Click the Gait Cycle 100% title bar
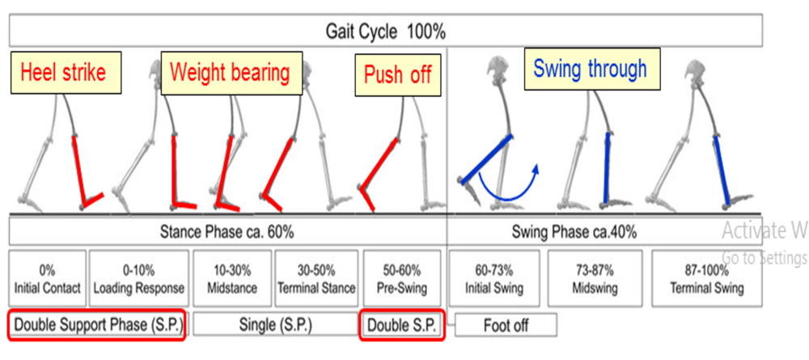pos(387,32)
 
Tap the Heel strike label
pos(63,74)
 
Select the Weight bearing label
pos(230,73)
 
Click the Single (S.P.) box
pos(274,324)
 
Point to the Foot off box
pos(506,325)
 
